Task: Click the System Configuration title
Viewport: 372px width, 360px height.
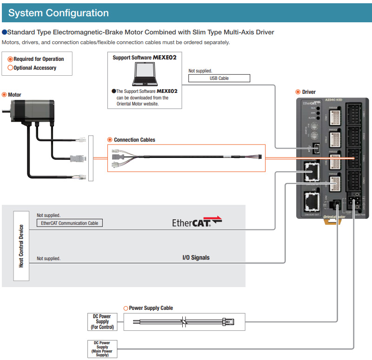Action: (59, 13)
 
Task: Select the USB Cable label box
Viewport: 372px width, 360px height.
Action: (219, 79)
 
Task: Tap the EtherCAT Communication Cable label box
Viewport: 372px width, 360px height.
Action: (69, 223)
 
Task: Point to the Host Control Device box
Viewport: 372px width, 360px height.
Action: (21, 246)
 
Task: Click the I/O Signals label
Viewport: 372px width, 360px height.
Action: (196, 257)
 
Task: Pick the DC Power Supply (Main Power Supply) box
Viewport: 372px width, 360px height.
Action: (102, 349)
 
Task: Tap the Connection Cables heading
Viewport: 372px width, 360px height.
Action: (134, 140)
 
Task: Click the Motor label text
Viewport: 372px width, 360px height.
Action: (14, 95)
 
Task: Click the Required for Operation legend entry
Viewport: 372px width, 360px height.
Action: (39, 59)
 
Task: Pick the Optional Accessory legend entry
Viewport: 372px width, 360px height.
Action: (35, 68)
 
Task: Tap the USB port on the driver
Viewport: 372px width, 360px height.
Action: (316, 148)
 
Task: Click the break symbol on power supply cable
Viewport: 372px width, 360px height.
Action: (184, 321)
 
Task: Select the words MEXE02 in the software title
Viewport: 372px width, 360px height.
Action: (165, 58)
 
